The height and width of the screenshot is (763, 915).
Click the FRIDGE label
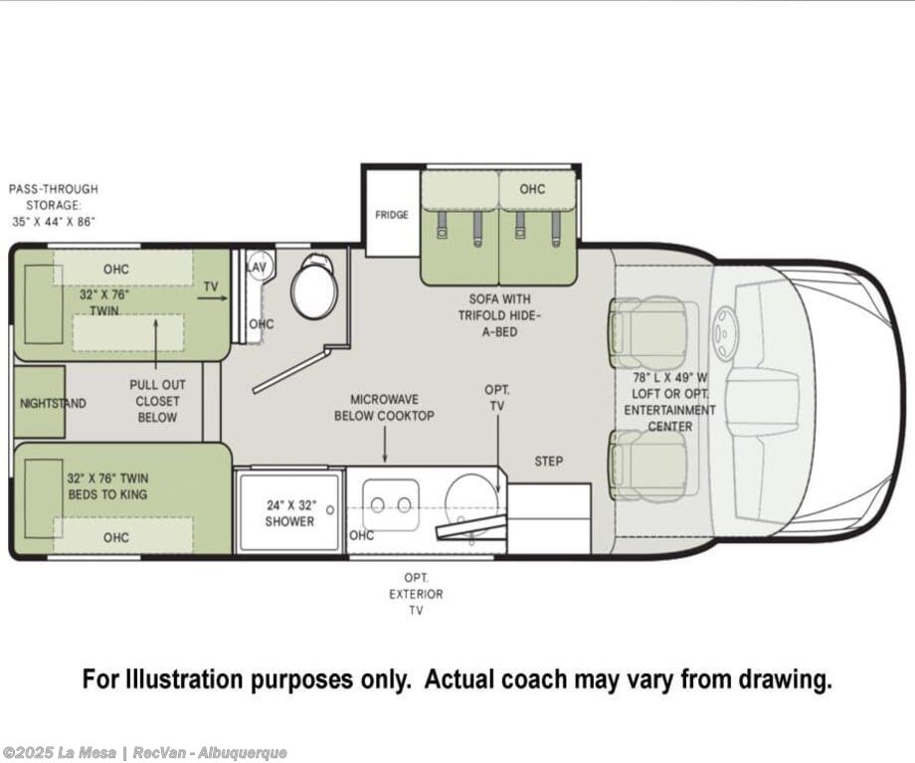point(392,215)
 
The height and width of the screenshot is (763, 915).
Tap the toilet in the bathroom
point(315,287)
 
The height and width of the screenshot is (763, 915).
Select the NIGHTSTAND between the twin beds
point(40,402)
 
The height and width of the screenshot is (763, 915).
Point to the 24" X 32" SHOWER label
point(290,513)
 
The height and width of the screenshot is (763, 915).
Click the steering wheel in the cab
point(725,331)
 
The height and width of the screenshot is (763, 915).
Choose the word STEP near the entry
point(549,462)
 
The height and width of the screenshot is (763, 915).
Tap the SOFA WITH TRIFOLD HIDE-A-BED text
point(499,315)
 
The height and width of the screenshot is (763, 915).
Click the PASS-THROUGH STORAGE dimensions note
point(53,206)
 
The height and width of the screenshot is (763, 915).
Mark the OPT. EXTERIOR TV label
point(416,594)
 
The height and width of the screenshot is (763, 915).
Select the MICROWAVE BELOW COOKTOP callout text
point(384,408)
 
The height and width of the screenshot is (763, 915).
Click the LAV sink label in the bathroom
point(257,267)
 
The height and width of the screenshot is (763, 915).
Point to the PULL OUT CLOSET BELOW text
point(157,401)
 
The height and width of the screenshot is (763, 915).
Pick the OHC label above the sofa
point(532,189)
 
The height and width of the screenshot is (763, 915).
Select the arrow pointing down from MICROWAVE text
point(385,444)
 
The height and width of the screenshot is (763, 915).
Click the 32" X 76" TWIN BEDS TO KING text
point(107,486)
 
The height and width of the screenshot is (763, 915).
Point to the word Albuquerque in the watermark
point(242,753)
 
